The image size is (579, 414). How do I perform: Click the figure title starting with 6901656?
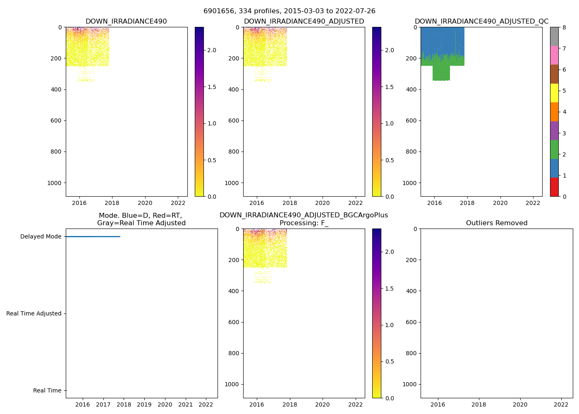pyautogui.click(x=289, y=11)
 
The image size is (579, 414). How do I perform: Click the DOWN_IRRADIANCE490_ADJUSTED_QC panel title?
pyautogui.click(x=481, y=22)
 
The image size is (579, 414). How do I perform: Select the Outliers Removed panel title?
pyautogui.click(x=496, y=223)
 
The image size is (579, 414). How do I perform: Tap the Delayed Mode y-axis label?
pyautogui.click(x=41, y=237)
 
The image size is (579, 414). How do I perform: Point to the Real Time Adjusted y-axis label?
pyautogui.click(x=34, y=314)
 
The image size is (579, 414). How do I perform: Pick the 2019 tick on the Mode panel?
pyautogui.click(x=144, y=404)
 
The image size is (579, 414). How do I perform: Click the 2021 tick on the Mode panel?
pyautogui.click(x=185, y=404)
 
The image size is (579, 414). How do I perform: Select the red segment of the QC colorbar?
pyautogui.click(x=554, y=187)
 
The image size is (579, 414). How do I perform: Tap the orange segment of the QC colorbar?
pyautogui.click(x=554, y=112)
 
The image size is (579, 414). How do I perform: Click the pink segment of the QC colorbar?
pyautogui.click(x=554, y=55)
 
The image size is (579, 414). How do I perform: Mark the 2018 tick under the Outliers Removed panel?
pyautogui.click(x=479, y=404)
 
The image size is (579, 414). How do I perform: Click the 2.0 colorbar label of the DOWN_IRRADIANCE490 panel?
pyautogui.click(x=211, y=50)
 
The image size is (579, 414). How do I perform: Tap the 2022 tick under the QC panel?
pyautogui.click(x=533, y=203)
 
